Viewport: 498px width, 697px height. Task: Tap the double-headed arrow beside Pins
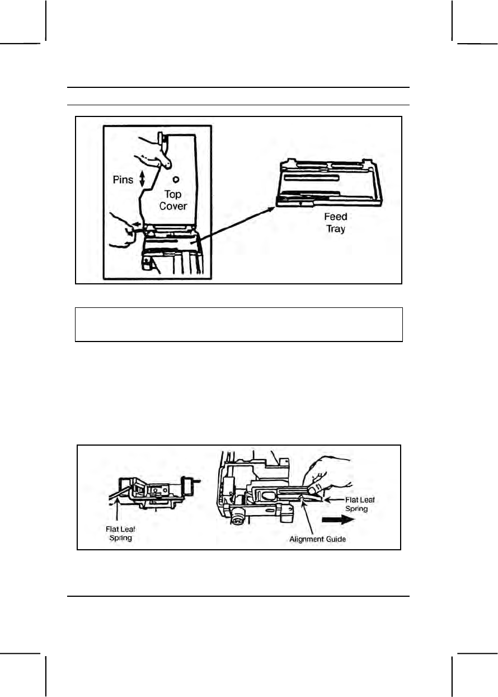142,179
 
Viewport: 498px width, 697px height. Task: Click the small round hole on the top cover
176,180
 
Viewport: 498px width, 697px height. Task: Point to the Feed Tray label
336,222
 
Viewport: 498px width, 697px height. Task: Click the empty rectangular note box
239,324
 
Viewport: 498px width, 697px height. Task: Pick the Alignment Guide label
317,539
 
